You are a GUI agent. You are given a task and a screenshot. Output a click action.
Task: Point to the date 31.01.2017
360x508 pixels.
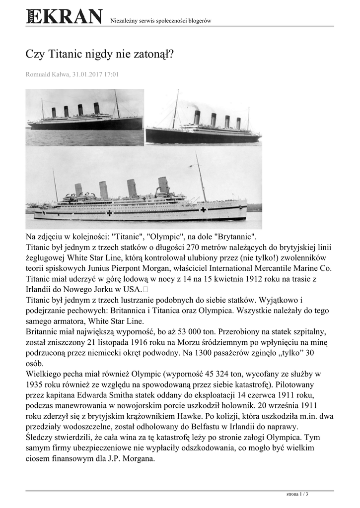click(x=88, y=74)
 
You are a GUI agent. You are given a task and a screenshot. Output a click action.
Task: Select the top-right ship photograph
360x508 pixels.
click(x=203, y=117)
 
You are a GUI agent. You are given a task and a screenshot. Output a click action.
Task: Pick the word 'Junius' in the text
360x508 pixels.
click(x=91, y=268)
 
